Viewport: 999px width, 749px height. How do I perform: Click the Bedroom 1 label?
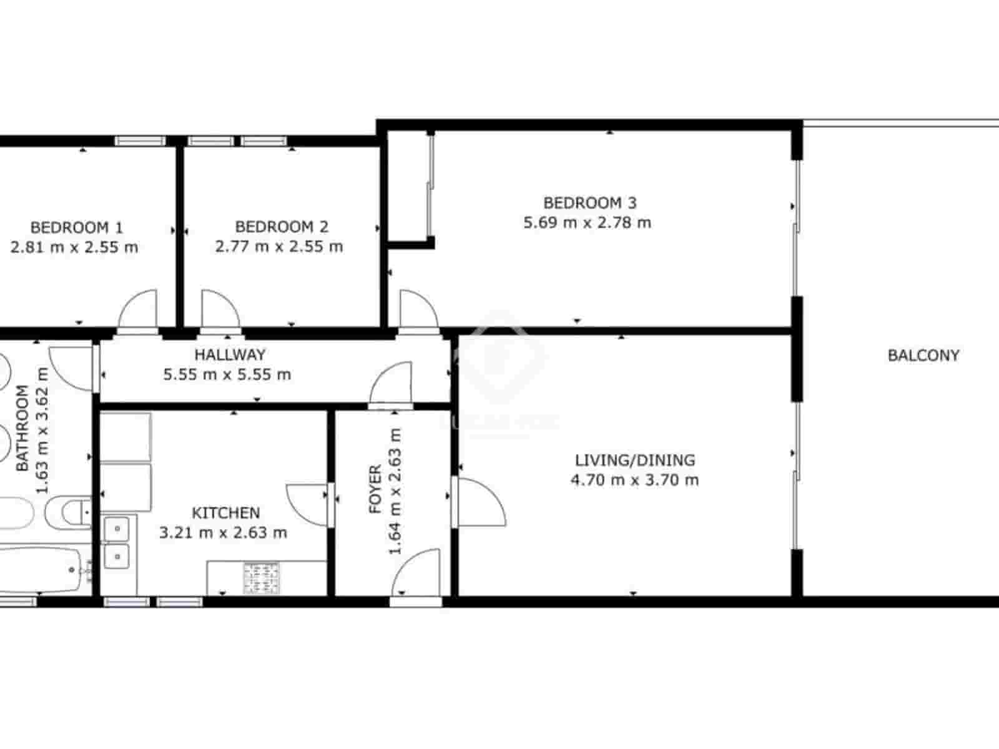point(76,227)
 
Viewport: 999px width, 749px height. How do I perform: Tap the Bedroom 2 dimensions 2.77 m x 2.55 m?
point(279,247)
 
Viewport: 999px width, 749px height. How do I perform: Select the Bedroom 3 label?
point(589,203)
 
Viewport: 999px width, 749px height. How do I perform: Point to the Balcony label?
point(923,356)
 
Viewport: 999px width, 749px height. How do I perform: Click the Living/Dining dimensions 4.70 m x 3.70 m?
point(634,480)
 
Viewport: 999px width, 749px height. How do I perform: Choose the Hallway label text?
point(230,355)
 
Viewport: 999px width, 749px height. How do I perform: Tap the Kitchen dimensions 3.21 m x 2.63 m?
point(223,533)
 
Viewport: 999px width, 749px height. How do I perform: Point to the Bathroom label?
point(22,428)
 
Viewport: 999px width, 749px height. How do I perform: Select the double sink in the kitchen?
point(116,542)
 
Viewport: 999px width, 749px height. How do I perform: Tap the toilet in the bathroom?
point(74,512)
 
